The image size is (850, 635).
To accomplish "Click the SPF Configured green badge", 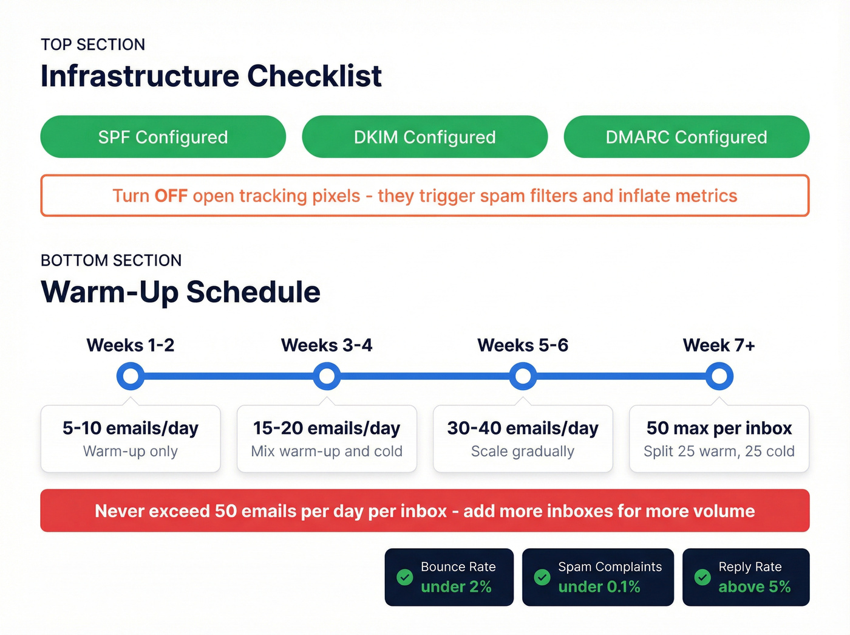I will [x=163, y=137].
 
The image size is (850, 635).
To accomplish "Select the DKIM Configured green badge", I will [x=424, y=137].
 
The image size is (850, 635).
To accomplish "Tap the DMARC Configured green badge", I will [x=686, y=137].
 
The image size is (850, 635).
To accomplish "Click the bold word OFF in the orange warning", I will [x=171, y=196].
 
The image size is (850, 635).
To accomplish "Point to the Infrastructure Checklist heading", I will [x=211, y=76].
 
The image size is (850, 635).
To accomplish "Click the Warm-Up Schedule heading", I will [x=180, y=292].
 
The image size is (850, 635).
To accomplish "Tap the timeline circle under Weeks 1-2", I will [x=131, y=376].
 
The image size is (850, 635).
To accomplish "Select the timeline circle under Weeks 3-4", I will [x=327, y=376].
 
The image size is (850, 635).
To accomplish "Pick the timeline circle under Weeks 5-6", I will [x=523, y=376].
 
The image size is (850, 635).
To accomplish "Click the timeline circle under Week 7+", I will [x=719, y=376].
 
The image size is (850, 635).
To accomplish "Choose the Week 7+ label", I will [x=719, y=345].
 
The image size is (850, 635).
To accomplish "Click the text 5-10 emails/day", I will [x=131, y=428].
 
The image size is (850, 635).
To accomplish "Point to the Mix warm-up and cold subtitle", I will [x=327, y=451].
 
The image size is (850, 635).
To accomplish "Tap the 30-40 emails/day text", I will [x=523, y=428].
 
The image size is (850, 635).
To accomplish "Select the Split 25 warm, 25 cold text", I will [x=719, y=451].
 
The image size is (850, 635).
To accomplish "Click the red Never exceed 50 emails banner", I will [x=424, y=510].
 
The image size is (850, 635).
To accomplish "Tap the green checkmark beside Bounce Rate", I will [x=405, y=577].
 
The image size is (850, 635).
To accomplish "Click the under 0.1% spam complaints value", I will [x=599, y=587].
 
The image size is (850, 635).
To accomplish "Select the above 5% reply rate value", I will [x=754, y=587].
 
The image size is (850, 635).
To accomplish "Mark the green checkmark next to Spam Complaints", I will [x=542, y=577].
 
